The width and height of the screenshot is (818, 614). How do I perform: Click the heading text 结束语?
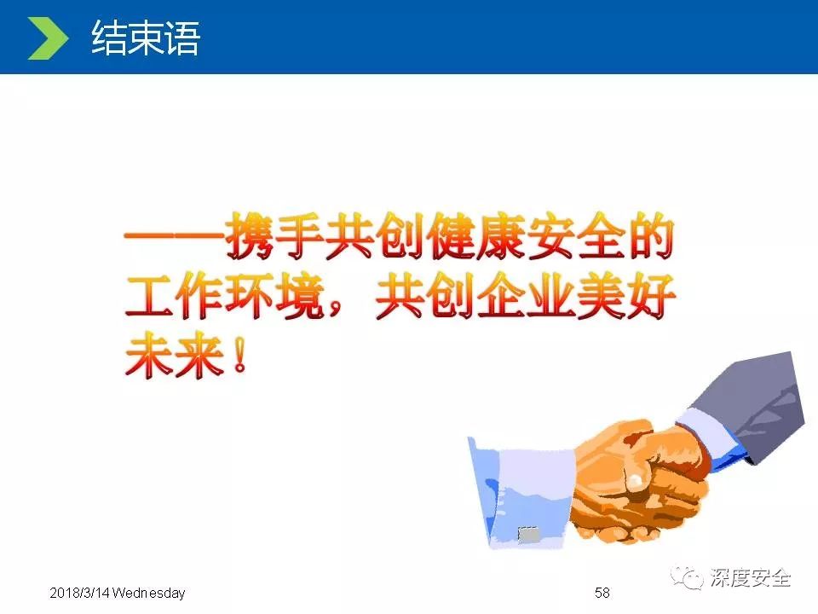[x=146, y=38]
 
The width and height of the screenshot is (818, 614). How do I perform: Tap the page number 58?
[x=602, y=593]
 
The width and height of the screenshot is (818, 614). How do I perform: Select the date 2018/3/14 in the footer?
[x=79, y=594]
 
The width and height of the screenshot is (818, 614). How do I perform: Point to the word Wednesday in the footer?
[x=148, y=594]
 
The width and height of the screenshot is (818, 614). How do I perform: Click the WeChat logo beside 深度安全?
[x=687, y=577]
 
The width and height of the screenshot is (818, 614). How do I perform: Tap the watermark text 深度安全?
[x=750, y=577]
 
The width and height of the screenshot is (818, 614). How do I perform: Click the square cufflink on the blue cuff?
[x=528, y=535]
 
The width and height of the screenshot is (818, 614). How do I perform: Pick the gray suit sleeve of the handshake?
[x=752, y=402]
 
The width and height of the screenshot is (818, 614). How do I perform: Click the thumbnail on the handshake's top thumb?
[x=635, y=481]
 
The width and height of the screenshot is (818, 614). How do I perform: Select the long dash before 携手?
[x=175, y=236]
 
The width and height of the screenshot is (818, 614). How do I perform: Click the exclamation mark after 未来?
[x=239, y=355]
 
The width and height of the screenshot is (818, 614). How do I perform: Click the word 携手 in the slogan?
[x=274, y=236]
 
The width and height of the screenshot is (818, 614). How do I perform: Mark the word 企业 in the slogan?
[x=526, y=296]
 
